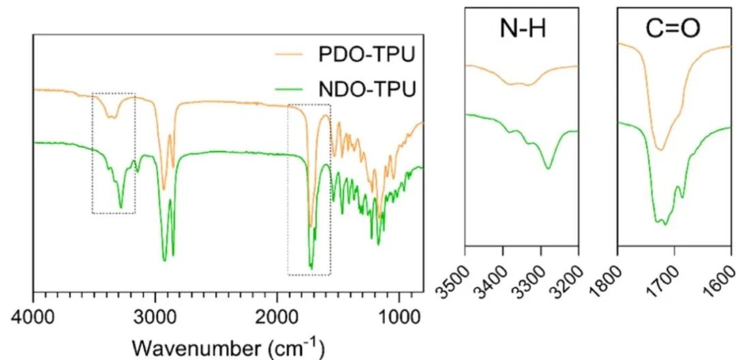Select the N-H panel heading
pos(521,31)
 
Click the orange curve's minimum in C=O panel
pos(659,149)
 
